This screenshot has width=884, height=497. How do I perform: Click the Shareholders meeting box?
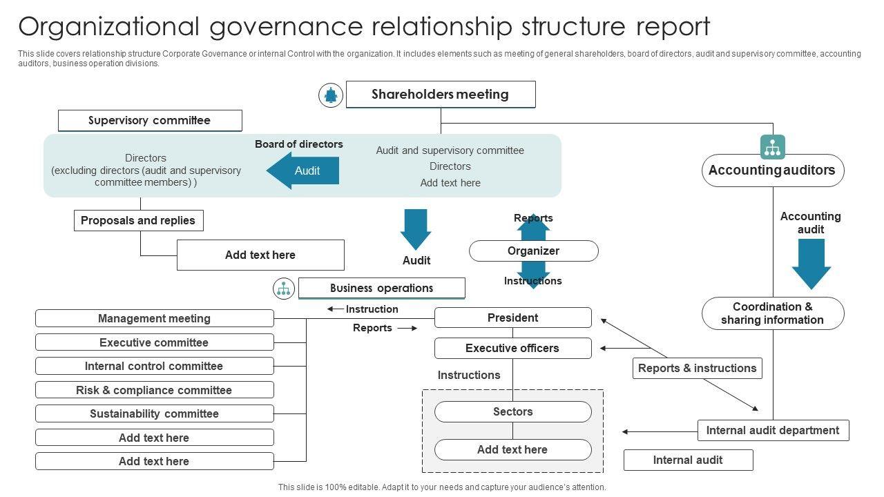(440, 95)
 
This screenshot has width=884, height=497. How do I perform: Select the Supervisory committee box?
(150, 121)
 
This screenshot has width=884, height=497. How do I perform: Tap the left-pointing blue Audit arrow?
(304, 170)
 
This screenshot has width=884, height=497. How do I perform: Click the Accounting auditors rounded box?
(772, 170)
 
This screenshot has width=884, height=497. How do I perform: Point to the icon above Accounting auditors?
(772, 147)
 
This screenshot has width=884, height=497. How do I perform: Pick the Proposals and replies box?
(138, 221)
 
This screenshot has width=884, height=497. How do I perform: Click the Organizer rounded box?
(533, 251)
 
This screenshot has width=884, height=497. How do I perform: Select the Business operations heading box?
(381, 289)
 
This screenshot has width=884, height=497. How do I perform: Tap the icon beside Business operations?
(284, 289)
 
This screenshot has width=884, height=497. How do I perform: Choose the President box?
(512, 318)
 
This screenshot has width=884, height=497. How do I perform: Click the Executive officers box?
(512, 349)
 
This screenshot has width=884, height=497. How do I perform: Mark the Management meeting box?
(154, 318)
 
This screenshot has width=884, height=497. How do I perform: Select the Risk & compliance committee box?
(154, 390)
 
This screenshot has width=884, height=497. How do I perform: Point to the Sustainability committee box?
(154, 413)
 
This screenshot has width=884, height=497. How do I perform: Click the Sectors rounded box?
(512, 412)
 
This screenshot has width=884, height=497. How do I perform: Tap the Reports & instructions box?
(697, 369)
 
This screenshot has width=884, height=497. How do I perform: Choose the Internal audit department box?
(772, 431)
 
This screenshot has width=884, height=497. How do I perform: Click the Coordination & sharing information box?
(772, 313)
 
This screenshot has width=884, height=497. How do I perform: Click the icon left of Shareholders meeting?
(331, 95)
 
